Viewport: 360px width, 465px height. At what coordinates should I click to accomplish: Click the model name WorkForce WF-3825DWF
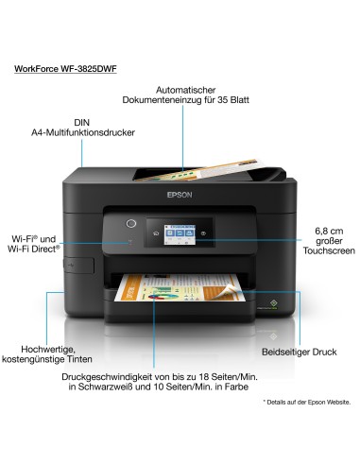point(65,68)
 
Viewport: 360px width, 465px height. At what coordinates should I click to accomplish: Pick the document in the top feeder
point(189,174)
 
